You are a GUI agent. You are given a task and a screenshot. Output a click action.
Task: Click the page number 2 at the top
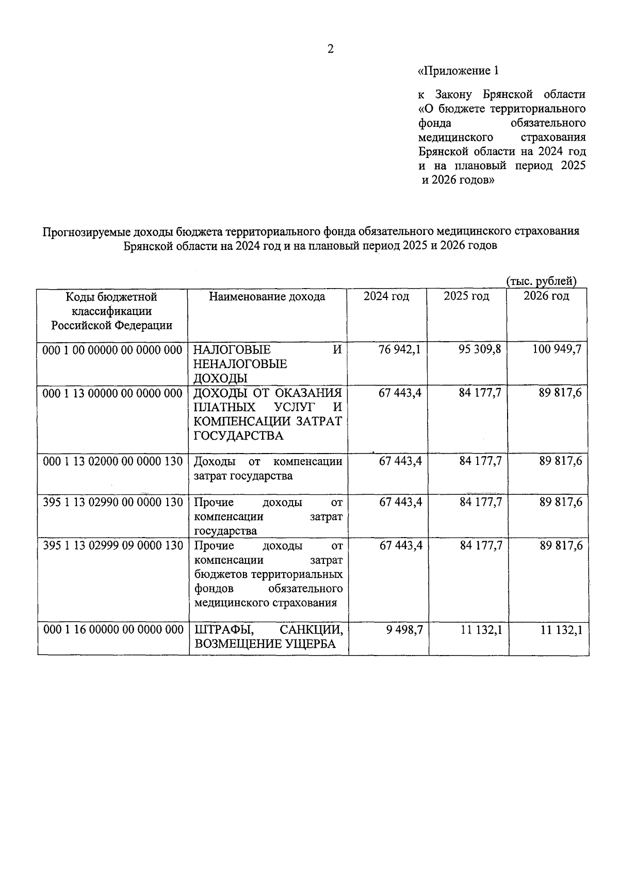331,49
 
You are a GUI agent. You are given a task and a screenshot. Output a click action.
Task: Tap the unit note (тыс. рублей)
541,281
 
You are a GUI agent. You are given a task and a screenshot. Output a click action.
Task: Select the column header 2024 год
386,296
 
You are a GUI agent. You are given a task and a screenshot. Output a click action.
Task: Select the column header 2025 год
466,296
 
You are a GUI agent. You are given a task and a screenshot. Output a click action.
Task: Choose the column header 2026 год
546,296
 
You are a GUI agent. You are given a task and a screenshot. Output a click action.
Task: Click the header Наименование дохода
267,297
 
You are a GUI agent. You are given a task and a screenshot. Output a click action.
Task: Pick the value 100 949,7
557,349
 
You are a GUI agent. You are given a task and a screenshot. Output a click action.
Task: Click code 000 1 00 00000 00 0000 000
112,350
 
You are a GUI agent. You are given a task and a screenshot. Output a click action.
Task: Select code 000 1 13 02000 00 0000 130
112,461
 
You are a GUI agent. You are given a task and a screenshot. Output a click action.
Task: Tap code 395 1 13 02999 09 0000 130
112,545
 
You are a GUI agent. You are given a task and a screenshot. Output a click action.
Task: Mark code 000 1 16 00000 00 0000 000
112,630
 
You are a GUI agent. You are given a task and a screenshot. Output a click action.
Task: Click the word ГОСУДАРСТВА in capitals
238,436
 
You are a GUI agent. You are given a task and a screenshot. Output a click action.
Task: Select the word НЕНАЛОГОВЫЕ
240,364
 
